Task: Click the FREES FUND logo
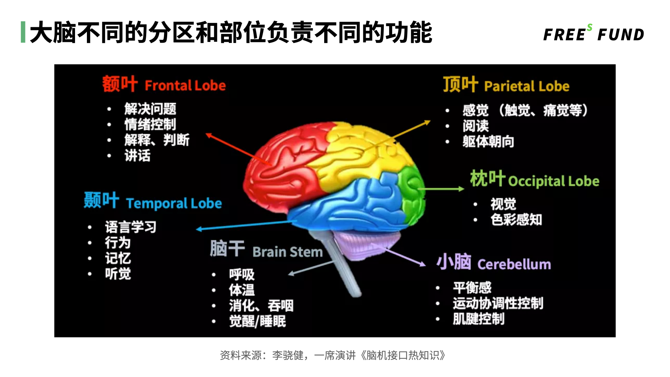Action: (x=594, y=34)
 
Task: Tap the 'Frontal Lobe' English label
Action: (x=185, y=86)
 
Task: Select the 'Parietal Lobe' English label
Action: (x=527, y=86)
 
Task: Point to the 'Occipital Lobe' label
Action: (x=553, y=181)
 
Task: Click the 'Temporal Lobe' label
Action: (x=174, y=203)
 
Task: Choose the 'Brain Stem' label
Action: (x=288, y=252)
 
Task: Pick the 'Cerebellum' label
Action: (x=514, y=264)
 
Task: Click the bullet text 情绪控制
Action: (x=150, y=124)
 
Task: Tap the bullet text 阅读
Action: (x=476, y=126)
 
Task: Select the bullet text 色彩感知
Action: (x=516, y=220)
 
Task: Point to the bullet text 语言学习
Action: (x=131, y=227)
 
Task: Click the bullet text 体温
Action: (x=242, y=290)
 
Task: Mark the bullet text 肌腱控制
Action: (x=478, y=319)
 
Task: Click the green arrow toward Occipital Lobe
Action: (x=441, y=189)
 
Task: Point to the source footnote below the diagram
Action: (x=333, y=355)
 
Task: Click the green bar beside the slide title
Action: (x=23, y=32)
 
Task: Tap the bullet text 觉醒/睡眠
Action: (x=258, y=321)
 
